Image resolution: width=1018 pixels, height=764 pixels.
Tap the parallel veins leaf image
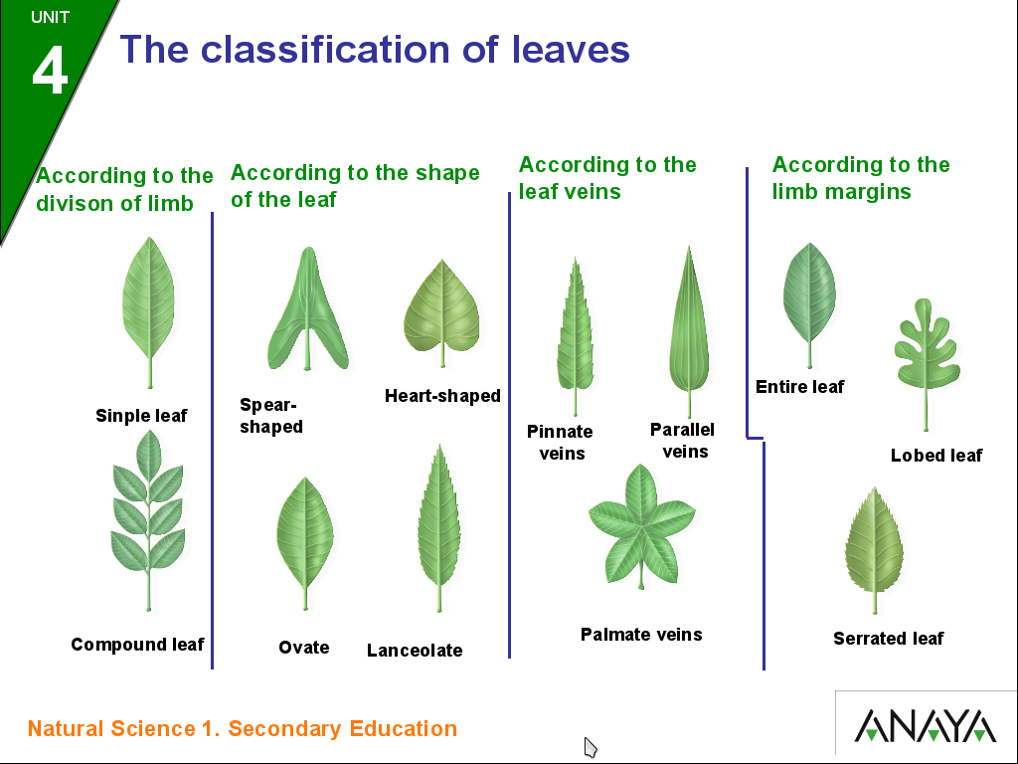click(x=685, y=323)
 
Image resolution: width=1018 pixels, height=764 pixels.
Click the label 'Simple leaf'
click(x=141, y=416)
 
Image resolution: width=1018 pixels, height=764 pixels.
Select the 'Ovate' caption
click(x=303, y=648)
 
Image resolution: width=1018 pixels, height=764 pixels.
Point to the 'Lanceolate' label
click(x=415, y=651)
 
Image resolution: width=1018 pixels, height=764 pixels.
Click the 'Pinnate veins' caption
click(x=561, y=443)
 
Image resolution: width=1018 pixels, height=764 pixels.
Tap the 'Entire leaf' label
click(x=799, y=387)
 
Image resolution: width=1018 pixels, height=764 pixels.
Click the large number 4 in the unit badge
click(x=50, y=71)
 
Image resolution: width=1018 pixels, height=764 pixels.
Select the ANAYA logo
click(x=926, y=725)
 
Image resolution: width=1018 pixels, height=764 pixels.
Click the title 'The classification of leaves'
click(x=375, y=49)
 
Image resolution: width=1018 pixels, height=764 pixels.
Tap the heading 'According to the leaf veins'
click(x=607, y=178)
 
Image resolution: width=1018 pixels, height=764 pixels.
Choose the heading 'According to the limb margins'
click(x=861, y=178)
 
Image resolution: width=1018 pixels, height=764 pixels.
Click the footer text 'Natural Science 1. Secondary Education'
click(x=243, y=729)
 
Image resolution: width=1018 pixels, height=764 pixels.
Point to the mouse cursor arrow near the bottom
click(x=590, y=746)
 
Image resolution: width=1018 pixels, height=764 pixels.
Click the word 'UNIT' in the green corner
click(x=50, y=17)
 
